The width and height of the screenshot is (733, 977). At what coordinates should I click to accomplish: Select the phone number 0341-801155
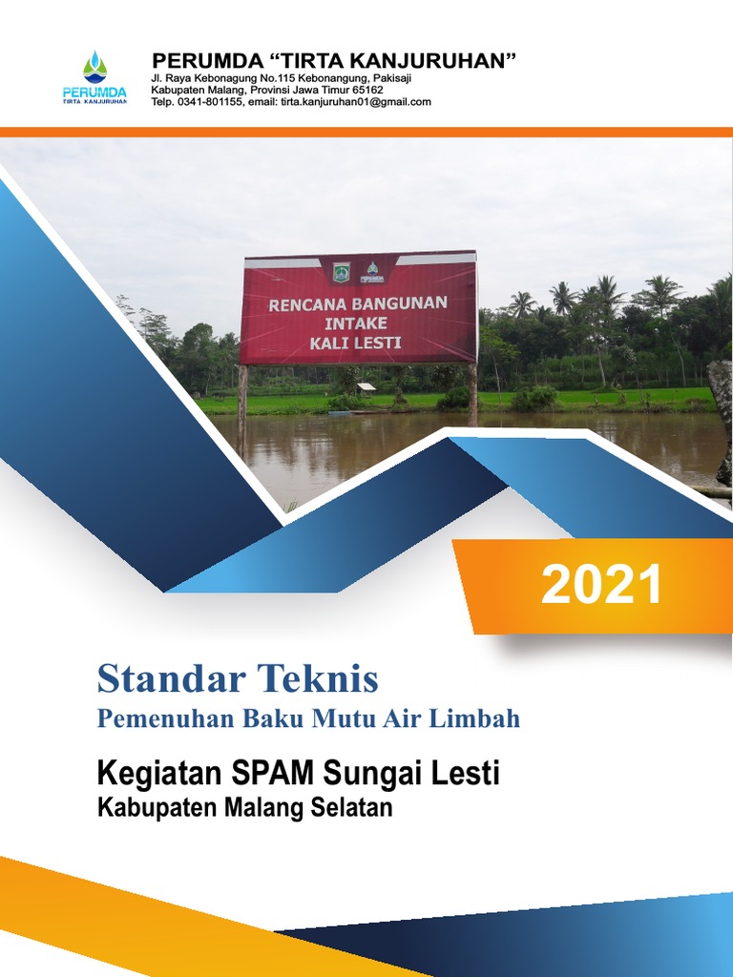tap(209, 102)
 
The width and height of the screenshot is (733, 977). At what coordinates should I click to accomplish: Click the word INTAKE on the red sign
tap(355, 323)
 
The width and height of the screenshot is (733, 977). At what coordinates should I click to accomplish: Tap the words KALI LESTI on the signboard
tap(356, 342)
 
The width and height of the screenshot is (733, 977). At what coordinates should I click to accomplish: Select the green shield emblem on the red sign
tap(341, 272)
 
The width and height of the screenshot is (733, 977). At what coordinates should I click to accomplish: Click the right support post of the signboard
tap(472, 391)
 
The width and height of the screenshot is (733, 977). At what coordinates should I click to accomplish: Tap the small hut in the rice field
tap(366, 388)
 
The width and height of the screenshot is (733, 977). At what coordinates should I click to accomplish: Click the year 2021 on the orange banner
tap(601, 585)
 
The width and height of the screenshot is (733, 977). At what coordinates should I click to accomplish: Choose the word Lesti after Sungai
tap(465, 772)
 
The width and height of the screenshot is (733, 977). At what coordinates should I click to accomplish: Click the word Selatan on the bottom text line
tap(351, 808)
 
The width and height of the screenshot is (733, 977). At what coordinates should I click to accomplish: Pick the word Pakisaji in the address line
tap(389, 77)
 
